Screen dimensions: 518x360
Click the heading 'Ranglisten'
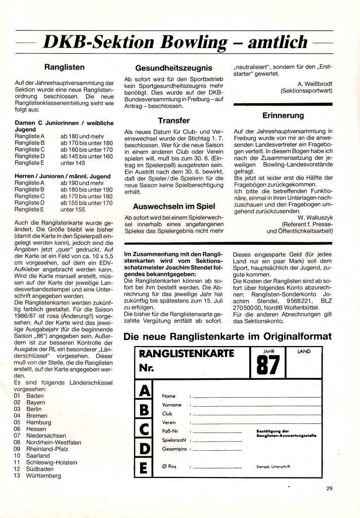64,66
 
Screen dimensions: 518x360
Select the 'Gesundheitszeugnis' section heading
173,68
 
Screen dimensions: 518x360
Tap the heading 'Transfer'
173,120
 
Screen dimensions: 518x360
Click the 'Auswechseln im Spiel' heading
173,206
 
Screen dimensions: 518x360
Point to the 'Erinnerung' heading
283,116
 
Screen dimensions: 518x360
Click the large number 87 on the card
267,364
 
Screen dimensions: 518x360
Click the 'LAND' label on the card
304,351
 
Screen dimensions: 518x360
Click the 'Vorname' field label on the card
171,405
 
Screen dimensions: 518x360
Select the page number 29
329,488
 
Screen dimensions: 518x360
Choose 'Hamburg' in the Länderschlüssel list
38,422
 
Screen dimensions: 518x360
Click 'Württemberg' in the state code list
44,476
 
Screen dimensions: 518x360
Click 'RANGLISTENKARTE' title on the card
187,354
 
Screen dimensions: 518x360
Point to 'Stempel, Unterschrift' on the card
274,465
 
